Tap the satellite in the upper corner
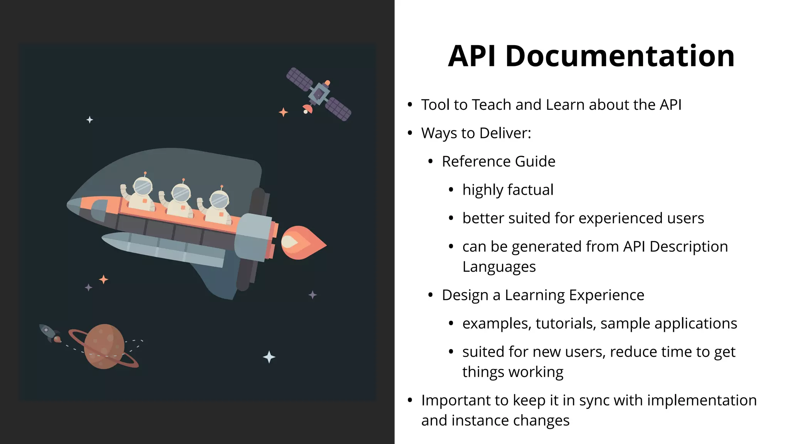[x=319, y=94]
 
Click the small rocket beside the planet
[x=49, y=333]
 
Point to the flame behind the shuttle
[x=302, y=243]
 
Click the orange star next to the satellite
[x=283, y=112]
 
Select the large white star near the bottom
[x=269, y=357]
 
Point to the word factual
[x=530, y=190]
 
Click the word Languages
[x=499, y=267]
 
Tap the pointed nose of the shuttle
[x=71, y=205]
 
